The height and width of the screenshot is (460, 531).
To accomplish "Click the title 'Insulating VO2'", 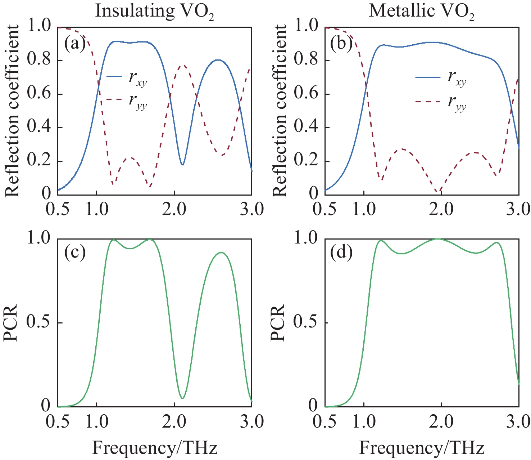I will (154, 12).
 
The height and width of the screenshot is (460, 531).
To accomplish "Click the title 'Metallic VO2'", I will (421, 12).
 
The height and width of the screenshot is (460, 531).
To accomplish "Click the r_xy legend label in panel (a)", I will (138, 78).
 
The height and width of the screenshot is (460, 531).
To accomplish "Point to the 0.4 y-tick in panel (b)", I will (306, 128).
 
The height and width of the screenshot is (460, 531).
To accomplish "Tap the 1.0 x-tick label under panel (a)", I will (97, 209).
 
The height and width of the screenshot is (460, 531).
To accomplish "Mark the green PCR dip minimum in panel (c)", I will (183, 398).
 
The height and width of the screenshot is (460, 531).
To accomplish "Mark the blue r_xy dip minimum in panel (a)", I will (183, 165).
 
